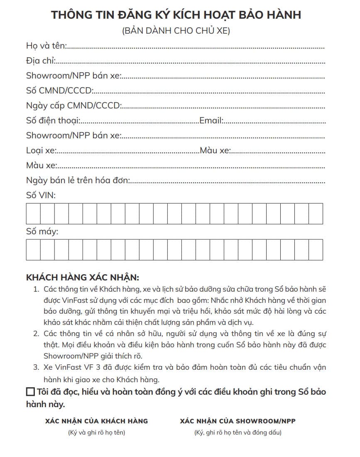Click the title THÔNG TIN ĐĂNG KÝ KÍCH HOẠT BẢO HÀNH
tap(176, 15)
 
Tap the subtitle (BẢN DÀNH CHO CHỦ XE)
tap(176, 31)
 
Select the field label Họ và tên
tap(46, 45)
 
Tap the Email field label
tap(211, 120)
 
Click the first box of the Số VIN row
tap(33, 214)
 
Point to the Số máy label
tap(42, 231)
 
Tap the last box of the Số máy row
tap(316, 250)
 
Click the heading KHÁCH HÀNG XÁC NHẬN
tap(83, 277)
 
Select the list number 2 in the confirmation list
tap(36, 333)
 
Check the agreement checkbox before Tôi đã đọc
tap(30, 392)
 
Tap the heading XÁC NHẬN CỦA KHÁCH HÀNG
tap(96, 421)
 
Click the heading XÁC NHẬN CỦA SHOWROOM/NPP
tap(238, 421)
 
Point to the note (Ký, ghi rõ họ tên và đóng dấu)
tap(238, 432)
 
